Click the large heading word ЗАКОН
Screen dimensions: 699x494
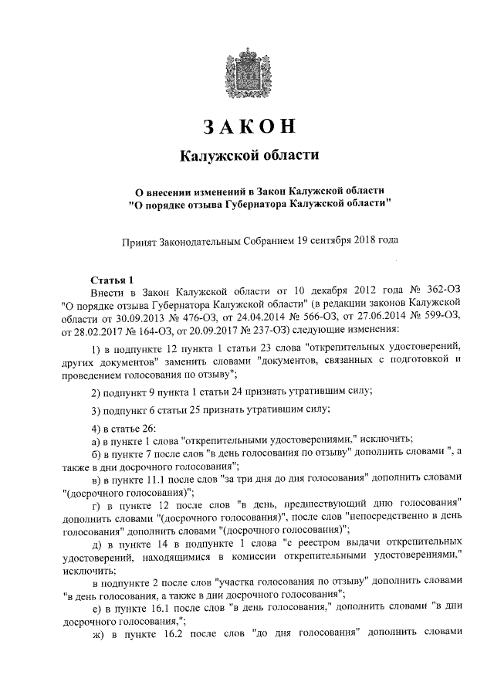tap(248, 127)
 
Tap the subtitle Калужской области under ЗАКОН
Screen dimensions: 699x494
tap(248, 156)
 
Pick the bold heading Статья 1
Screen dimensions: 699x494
tap(113, 280)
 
